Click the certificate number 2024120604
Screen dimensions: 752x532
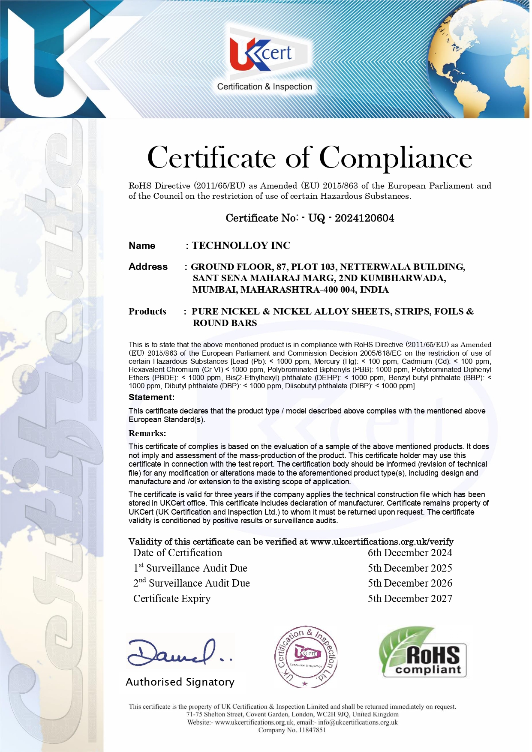pyautogui.click(x=364, y=218)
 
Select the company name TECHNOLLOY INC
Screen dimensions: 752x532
pyautogui.click(x=241, y=246)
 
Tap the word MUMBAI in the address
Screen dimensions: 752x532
pyautogui.click(x=214, y=290)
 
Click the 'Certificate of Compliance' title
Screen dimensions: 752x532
pyautogui.click(x=310, y=158)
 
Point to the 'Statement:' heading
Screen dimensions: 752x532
pyautogui.click(x=151, y=397)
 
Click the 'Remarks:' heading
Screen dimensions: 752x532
pyautogui.click(x=147, y=433)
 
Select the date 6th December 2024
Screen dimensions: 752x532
pyautogui.click(x=410, y=553)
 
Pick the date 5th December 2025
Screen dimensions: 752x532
pyautogui.click(x=410, y=568)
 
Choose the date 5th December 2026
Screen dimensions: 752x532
pyautogui.click(x=410, y=583)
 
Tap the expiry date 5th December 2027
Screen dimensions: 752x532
pyautogui.click(x=410, y=599)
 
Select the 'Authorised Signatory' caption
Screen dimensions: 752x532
pyautogui.click(x=180, y=682)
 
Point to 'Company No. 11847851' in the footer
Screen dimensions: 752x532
pyautogui.click(x=292, y=730)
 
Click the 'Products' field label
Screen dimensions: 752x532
pyautogui.click(x=147, y=312)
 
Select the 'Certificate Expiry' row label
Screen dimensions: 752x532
pyautogui.click(x=172, y=599)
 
